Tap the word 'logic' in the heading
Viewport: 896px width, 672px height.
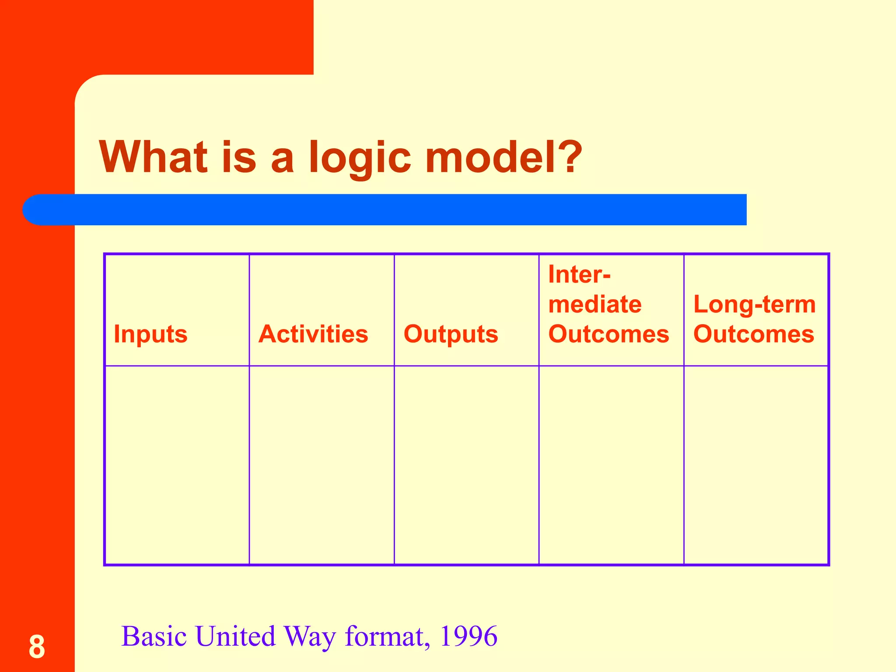click(x=360, y=157)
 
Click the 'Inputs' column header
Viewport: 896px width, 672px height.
click(x=150, y=334)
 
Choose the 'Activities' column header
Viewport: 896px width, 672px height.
click(x=313, y=334)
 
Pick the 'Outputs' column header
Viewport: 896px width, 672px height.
click(x=451, y=334)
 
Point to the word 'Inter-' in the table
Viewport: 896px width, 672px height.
click(x=579, y=275)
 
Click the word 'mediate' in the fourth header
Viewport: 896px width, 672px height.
click(x=595, y=304)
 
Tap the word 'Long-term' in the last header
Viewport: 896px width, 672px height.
click(x=755, y=304)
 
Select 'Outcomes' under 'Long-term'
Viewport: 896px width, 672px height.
click(x=754, y=334)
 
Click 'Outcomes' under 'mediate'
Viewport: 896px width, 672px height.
click(x=609, y=334)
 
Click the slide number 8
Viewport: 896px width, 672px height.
click(x=37, y=647)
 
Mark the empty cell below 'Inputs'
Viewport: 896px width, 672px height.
click(x=177, y=465)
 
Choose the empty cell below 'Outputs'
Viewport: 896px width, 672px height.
click(x=466, y=465)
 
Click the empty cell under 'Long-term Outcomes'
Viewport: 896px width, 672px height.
click(x=756, y=465)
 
